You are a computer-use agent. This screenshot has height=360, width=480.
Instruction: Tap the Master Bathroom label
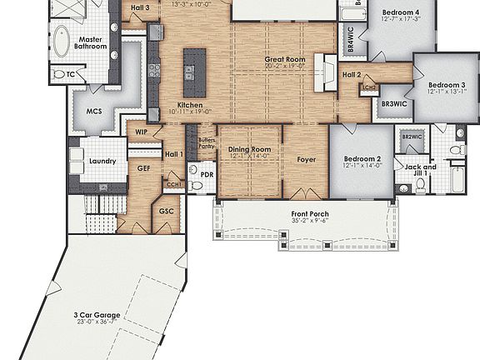click(x=92, y=43)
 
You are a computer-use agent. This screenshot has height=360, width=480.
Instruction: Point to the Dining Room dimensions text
click(x=250, y=157)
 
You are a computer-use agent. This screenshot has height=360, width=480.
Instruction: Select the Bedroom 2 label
click(x=362, y=158)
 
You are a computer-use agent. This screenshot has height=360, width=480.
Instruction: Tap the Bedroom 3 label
click(x=447, y=85)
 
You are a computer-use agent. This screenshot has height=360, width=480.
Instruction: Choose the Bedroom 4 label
click(x=400, y=13)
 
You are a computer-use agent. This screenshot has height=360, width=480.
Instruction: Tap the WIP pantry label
click(x=142, y=131)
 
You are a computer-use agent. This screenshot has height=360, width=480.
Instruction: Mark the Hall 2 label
click(x=352, y=75)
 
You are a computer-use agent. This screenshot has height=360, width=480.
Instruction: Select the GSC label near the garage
click(x=166, y=211)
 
